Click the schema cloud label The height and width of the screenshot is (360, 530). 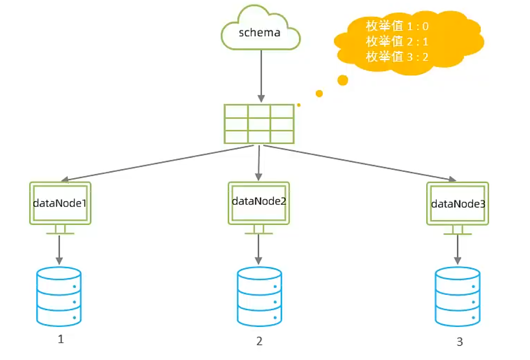coord(259,32)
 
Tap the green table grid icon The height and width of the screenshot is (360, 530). coord(259,124)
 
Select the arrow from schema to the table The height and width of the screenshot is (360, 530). coord(261,76)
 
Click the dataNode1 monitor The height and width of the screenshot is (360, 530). coord(60,208)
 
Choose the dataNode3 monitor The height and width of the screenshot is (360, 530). coord(457,208)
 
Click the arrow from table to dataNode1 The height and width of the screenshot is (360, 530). coord(157,163)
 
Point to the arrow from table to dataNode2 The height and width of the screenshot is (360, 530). coord(258,163)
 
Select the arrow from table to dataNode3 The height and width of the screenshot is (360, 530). coord(360,163)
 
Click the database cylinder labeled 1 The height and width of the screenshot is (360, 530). coord(59,297)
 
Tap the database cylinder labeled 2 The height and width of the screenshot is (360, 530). coord(259,297)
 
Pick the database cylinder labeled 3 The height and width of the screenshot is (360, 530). coord(457,297)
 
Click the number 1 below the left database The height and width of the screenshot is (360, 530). coord(61,339)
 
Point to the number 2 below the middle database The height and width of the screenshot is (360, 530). coord(259,341)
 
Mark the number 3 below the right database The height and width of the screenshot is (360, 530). coord(460,342)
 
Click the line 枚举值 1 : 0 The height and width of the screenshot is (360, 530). coord(397,26)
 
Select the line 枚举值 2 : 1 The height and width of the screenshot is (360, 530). coord(397,41)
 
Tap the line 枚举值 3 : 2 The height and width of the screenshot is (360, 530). coord(397,57)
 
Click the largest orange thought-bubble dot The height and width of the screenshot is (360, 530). coord(343,80)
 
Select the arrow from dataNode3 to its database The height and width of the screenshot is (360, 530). coord(457,250)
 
